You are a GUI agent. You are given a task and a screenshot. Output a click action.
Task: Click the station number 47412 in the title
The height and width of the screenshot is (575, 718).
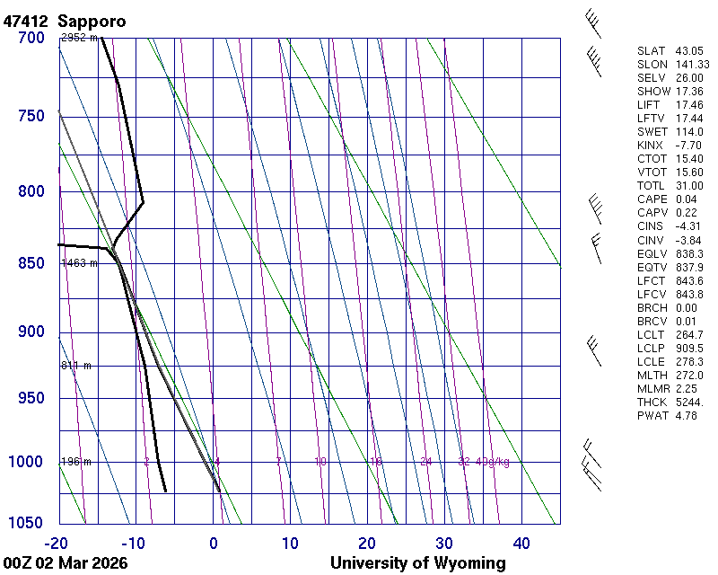[27, 21]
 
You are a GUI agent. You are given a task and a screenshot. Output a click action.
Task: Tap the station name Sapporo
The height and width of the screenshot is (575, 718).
[92, 21]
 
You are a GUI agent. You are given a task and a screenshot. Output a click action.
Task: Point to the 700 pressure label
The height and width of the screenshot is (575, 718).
[31, 38]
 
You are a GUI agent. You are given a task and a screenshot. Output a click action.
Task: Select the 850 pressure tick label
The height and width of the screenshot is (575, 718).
[31, 263]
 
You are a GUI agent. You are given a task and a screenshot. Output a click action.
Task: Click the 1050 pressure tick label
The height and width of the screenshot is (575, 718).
[27, 524]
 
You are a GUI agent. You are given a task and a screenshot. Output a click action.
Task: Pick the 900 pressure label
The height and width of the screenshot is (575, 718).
[31, 332]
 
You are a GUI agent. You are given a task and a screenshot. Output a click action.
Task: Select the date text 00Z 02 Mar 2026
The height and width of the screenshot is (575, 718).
[65, 563]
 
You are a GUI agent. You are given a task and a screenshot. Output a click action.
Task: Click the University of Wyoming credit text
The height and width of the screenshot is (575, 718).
[417, 563]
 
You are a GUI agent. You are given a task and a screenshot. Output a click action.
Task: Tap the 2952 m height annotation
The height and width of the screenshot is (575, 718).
[79, 38]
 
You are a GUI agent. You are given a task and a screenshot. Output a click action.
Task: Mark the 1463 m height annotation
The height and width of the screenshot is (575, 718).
[79, 263]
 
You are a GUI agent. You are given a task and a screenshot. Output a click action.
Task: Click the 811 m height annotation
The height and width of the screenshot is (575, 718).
[76, 366]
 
